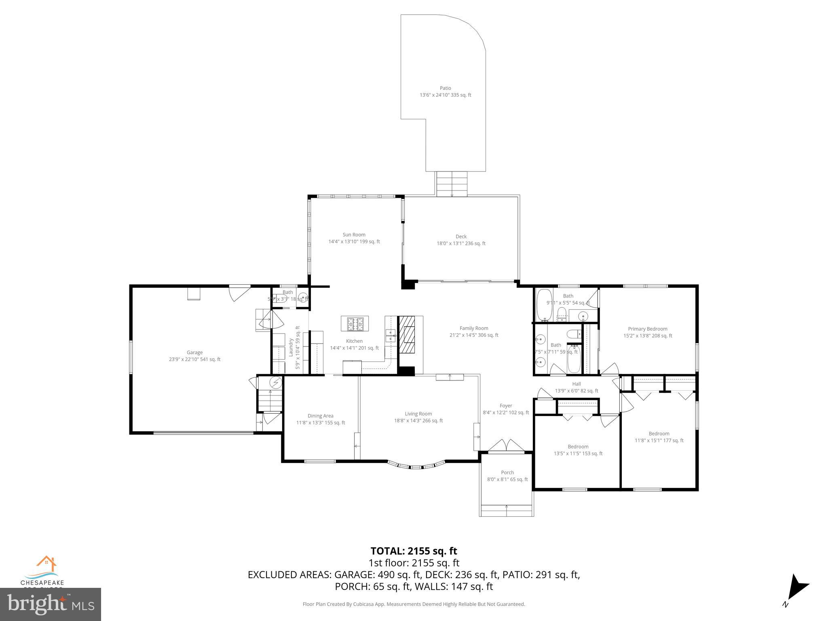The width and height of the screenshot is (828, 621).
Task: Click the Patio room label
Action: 445,88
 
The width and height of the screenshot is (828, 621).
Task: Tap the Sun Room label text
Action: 354,234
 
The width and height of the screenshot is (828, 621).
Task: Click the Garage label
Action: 194,353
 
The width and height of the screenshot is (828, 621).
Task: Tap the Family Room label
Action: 474,328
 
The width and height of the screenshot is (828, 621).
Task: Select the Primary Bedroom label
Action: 647,329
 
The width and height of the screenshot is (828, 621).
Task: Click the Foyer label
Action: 506,406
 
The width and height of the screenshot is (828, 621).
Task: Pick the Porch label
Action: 507,472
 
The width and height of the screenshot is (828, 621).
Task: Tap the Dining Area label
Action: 320,416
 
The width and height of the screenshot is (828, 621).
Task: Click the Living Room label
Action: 418,414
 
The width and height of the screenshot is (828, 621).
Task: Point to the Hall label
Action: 576,384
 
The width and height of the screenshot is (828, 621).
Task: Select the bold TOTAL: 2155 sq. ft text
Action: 414,551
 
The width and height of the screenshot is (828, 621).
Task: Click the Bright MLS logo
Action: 50,604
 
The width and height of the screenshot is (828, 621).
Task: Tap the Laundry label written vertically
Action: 290,347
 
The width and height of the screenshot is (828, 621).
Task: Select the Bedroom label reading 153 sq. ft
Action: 578,447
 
